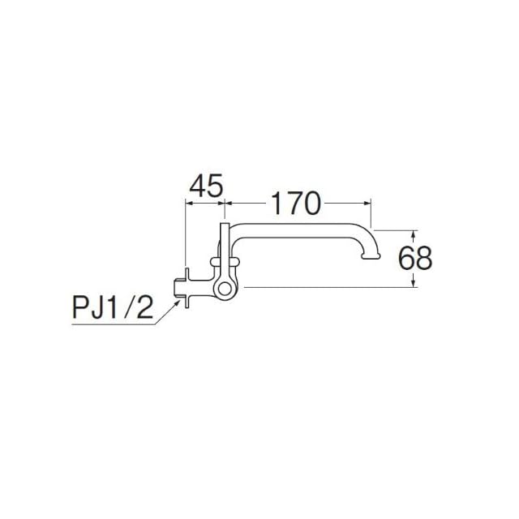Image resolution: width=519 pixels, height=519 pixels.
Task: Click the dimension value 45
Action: [x=206, y=186]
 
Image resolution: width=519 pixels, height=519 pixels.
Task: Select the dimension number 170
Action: [x=295, y=204]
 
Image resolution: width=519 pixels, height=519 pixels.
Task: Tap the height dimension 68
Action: [x=414, y=258]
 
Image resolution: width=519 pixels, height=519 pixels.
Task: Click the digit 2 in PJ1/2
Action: [x=145, y=307]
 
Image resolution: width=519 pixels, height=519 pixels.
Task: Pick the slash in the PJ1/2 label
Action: [x=128, y=307]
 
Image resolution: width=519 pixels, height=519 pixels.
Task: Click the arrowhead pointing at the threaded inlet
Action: [x=177, y=303]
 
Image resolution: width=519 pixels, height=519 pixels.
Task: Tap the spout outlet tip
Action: [x=371, y=256]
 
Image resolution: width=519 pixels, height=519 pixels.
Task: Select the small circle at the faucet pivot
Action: [x=225, y=289]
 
